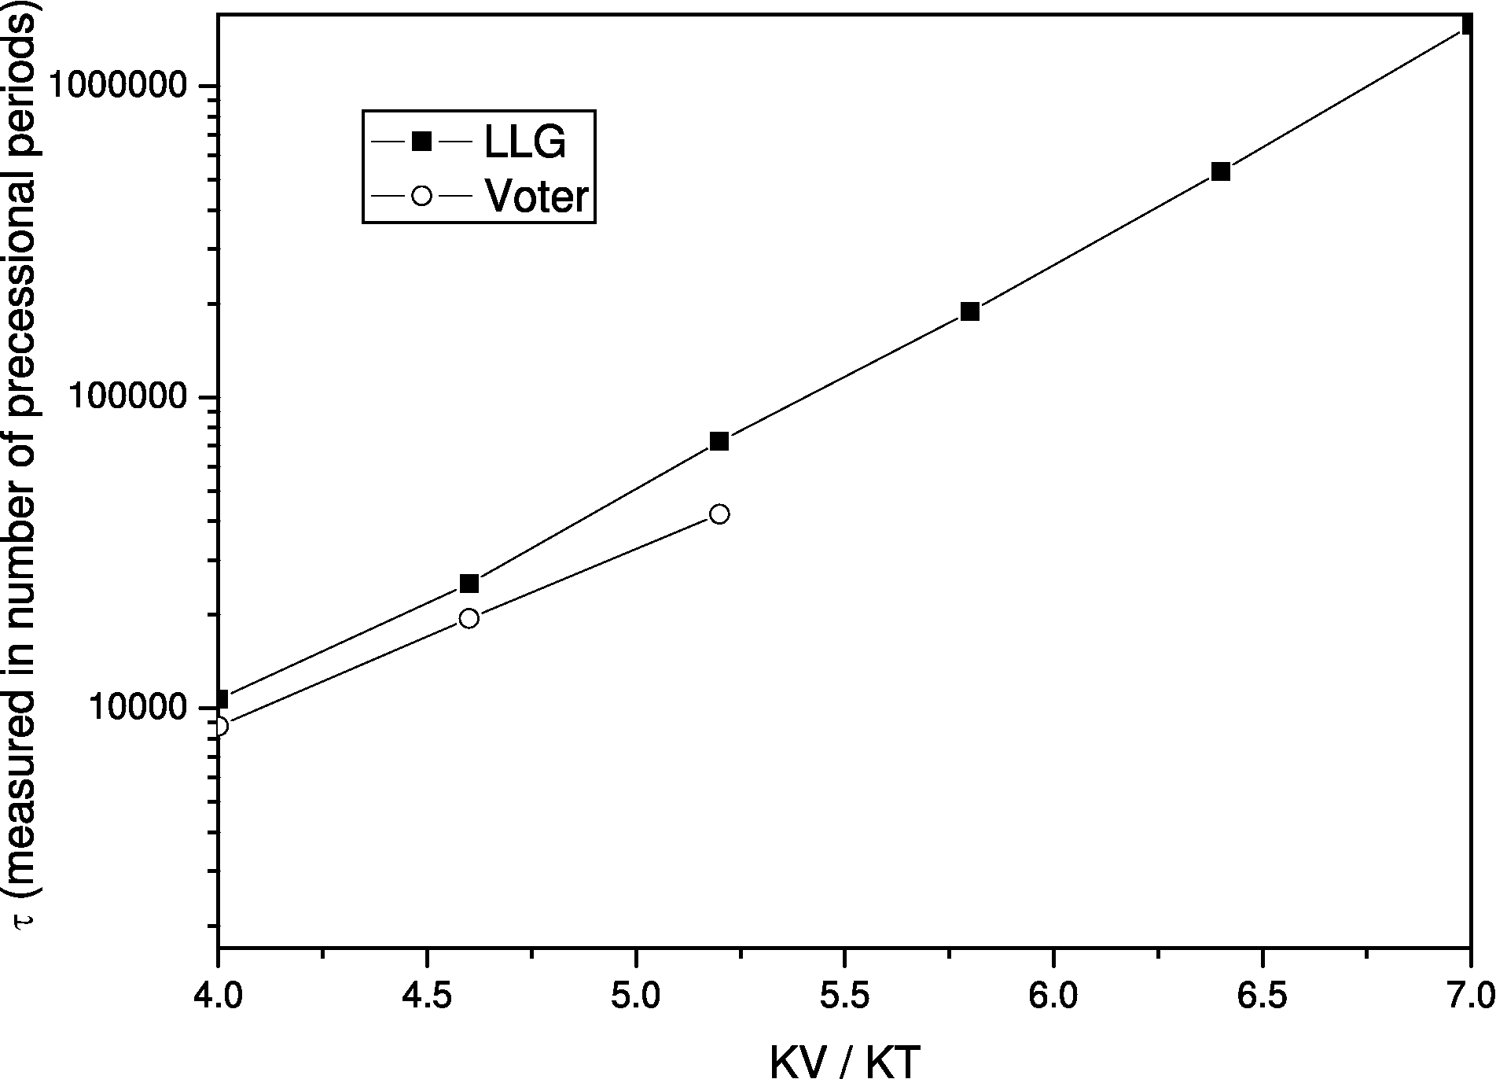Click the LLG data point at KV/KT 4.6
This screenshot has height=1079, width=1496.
coord(469,584)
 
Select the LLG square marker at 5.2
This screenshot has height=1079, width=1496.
coord(719,441)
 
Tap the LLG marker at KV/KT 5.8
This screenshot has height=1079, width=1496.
coord(970,311)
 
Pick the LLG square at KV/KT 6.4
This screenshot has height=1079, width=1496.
coord(1220,171)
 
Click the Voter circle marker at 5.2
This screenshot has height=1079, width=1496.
coord(719,514)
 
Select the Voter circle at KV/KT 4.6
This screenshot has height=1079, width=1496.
coord(469,618)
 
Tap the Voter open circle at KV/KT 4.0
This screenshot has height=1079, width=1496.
coord(219,726)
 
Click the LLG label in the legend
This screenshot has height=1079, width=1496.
coord(524,142)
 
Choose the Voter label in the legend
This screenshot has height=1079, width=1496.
coord(537,196)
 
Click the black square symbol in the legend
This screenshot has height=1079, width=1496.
coord(422,142)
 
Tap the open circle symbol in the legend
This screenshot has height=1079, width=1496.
coord(422,195)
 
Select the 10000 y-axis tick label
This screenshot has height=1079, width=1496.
coord(138,708)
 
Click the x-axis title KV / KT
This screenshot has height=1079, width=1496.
coord(844,1061)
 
